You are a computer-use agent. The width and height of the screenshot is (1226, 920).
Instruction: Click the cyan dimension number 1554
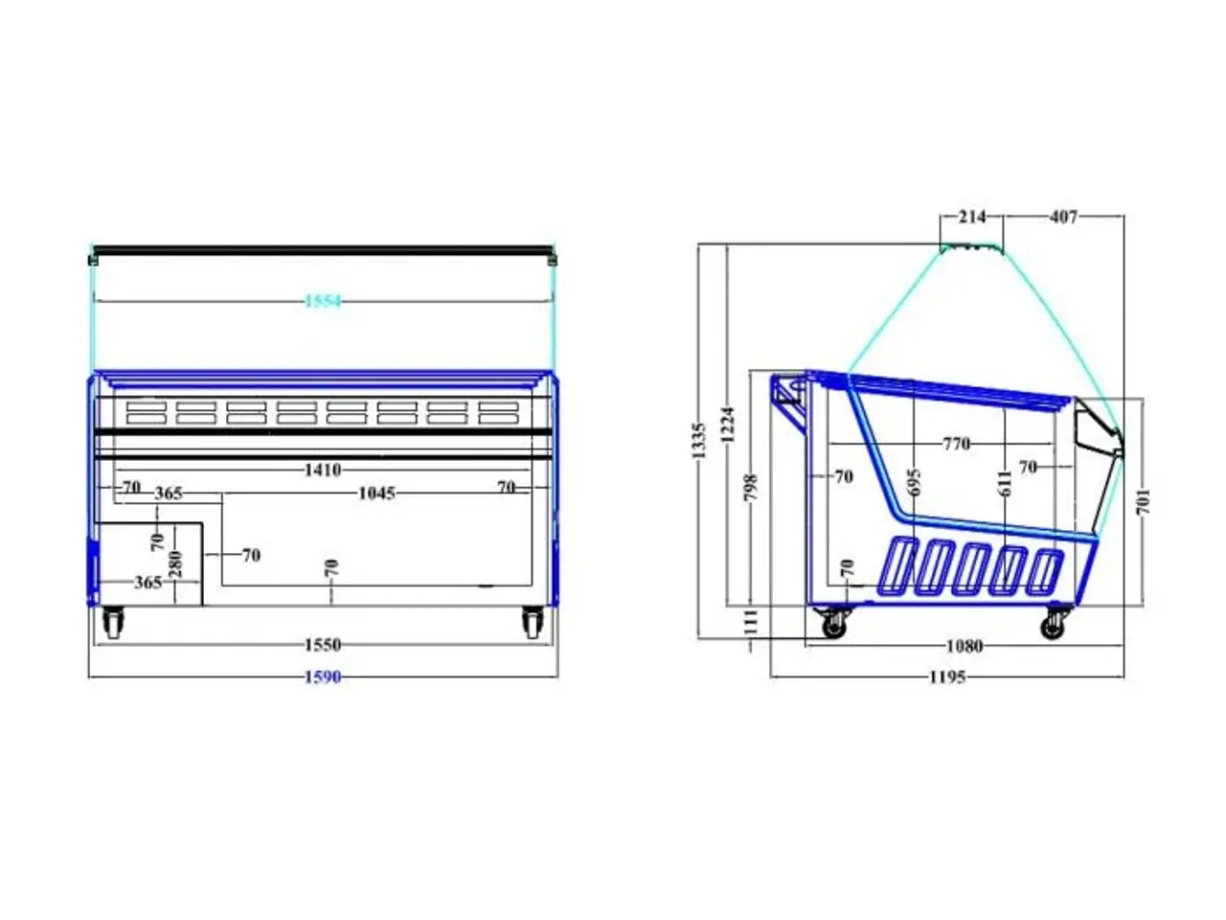tap(323, 302)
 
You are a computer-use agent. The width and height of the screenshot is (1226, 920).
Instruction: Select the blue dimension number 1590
tap(322, 677)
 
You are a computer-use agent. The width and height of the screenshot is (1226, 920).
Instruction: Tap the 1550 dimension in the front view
tap(322, 645)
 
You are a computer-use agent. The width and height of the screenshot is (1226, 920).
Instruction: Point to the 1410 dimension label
tap(322, 470)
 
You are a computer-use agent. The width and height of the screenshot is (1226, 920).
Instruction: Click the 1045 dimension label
tap(376, 494)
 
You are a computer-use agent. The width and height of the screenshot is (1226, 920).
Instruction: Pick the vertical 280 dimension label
tap(175, 563)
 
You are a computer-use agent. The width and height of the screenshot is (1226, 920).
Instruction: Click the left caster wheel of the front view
tap(113, 622)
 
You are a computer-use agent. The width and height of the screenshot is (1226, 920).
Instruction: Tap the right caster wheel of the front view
tap(533, 622)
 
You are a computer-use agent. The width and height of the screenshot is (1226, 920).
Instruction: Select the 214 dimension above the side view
tap(972, 217)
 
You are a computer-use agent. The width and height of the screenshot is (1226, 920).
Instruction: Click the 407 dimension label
tap(1063, 217)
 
